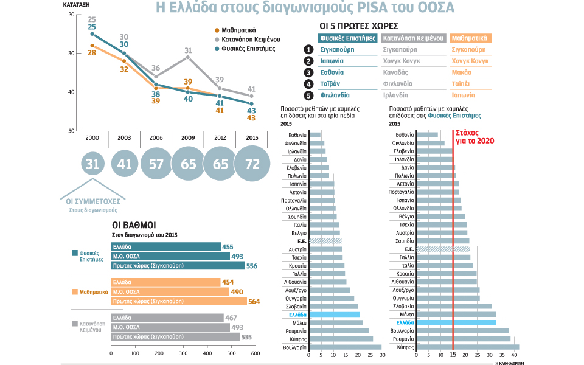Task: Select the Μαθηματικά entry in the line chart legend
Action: click(238, 30)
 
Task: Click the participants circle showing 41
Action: click(124, 164)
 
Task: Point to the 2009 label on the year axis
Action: click(188, 138)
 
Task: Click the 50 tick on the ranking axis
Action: click(71, 131)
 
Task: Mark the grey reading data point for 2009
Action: click(188, 57)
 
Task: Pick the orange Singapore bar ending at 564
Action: click(179, 301)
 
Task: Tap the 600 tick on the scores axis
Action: click(255, 353)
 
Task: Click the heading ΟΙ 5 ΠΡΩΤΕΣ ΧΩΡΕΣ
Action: click(359, 26)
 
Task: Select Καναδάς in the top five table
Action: click(398, 72)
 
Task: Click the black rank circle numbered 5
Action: click(309, 96)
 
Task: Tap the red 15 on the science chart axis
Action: click(453, 355)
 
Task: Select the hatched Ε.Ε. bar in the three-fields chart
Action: click(325, 242)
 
